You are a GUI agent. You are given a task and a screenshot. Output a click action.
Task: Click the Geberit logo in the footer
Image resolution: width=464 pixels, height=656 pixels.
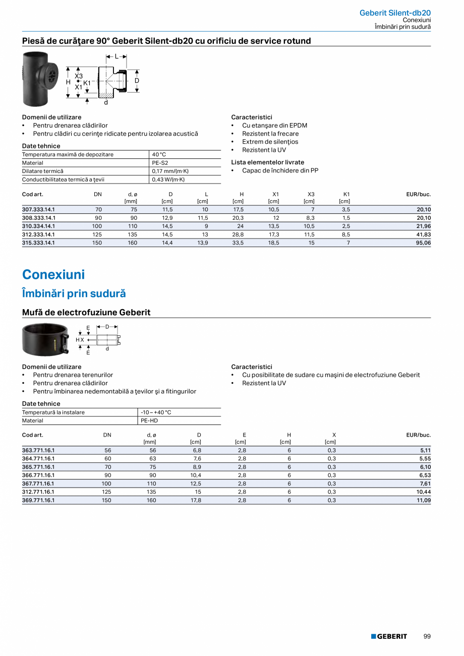(389, 636)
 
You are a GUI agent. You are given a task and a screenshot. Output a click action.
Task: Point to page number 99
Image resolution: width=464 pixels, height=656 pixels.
(427, 636)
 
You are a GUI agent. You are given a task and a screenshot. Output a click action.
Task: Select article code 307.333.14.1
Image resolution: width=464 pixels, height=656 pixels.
(38, 209)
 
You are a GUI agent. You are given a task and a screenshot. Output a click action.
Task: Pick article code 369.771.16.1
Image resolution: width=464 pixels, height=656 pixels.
(38, 500)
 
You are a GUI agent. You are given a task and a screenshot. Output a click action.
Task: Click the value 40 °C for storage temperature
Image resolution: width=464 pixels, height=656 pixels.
(159, 154)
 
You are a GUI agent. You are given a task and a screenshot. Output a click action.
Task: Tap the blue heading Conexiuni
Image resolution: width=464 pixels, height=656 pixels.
(53, 275)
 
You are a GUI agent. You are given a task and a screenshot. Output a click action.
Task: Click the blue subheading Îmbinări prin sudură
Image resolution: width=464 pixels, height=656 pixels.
(74, 293)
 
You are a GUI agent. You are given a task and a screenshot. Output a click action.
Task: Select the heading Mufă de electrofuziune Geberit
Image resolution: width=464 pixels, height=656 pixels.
(86, 313)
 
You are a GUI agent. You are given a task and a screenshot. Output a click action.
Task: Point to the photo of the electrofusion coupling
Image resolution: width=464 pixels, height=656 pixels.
(45, 340)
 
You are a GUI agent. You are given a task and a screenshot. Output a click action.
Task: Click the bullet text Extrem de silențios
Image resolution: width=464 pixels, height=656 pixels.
(270, 142)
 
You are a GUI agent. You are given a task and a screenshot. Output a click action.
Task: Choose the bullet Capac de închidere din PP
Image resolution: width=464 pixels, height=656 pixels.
(280, 170)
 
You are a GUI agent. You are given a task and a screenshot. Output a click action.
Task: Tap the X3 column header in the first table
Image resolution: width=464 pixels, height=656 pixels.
(311, 194)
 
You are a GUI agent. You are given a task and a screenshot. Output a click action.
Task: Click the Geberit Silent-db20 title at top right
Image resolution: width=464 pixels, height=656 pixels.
(395, 13)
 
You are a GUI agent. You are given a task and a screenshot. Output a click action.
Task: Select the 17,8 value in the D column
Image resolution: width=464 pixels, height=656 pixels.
(197, 500)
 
